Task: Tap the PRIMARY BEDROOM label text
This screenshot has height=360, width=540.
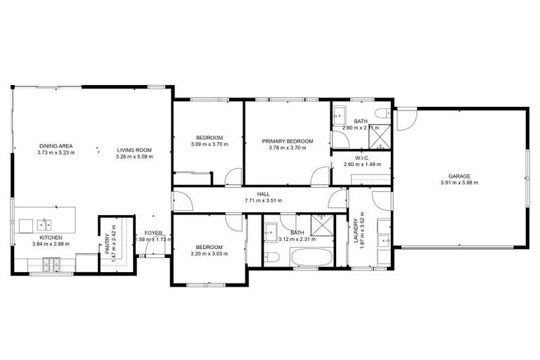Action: click(287, 141)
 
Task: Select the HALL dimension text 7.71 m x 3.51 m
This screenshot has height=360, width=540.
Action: click(263, 200)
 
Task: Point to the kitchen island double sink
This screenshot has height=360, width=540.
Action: click(44, 224)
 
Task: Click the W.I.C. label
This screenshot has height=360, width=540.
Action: click(362, 157)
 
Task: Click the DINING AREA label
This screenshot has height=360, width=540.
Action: click(56, 146)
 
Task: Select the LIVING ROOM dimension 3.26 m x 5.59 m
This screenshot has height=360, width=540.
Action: click(134, 156)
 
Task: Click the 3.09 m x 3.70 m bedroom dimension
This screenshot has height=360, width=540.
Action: click(210, 144)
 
